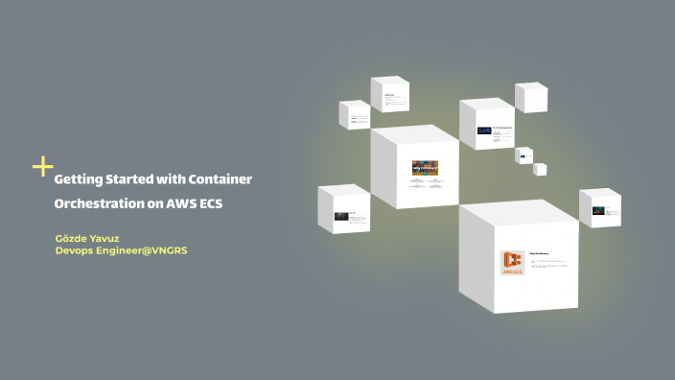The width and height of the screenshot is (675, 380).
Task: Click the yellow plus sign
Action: coord(42,167)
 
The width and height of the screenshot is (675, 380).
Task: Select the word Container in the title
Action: coord(220,179)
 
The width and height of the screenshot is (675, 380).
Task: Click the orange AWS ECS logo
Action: coord(512,263)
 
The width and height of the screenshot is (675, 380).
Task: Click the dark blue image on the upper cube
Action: coord(484,130)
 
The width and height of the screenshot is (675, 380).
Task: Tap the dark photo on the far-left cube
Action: coord(340,216)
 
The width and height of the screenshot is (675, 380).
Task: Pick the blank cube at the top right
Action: coord(531,97)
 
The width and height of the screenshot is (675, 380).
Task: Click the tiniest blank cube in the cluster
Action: coord(540,169)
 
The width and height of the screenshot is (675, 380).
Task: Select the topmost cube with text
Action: coord(390,96)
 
